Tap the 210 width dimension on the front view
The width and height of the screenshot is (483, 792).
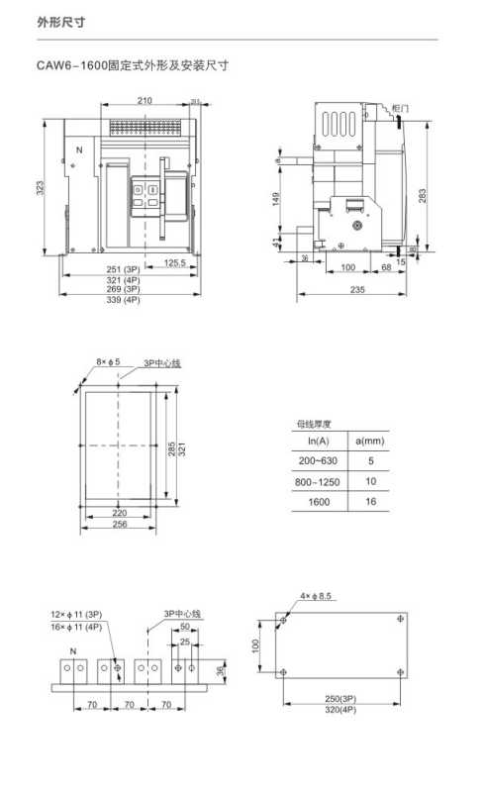click(x=145, y=101)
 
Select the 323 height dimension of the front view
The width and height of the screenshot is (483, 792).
click(x=42, y=187)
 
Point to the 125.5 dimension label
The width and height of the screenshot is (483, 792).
click(x=176, y=263)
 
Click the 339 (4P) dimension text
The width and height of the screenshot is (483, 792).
click(x=124, y=299)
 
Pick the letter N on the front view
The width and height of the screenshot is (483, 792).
click(x=79, y=150)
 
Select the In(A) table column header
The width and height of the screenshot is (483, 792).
click(x=319, y=440)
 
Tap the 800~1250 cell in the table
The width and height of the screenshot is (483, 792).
click(x=319, y=481)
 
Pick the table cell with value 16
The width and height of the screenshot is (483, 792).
click(x=371, y=502)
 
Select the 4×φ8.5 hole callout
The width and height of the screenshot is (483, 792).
click(x=318, y=596)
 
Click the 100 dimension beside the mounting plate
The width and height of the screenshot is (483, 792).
click(x=256, y=645)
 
